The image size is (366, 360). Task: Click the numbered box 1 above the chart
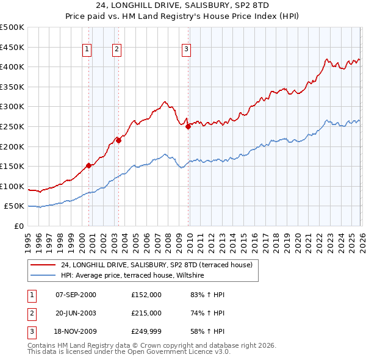(88, 50)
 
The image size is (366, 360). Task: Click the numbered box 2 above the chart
(116, 50)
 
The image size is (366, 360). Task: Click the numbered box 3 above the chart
(186, 50)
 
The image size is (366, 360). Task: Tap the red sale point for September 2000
(88, 165)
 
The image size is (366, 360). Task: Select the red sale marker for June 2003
(118, 140)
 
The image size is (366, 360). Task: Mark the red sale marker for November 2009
(188, 126)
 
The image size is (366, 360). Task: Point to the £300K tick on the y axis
(12, 107)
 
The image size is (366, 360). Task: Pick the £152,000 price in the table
(146, 295)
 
